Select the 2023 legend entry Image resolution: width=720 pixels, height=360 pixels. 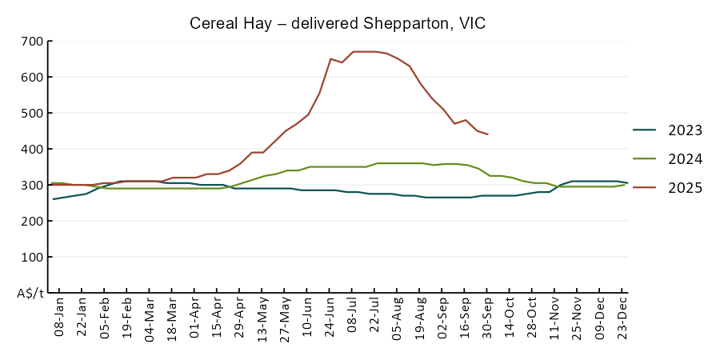(686, 130)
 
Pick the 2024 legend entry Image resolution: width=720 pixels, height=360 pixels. (686, 159)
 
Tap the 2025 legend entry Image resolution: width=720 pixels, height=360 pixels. (686, 188)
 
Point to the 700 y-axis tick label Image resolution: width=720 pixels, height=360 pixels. (32, 41)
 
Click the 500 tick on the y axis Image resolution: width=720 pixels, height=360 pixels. (32, 113)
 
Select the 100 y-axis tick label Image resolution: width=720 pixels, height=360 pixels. (32, 257)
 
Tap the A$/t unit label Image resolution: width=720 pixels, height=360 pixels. (30, 293)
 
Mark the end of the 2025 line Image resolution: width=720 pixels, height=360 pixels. (488, 134)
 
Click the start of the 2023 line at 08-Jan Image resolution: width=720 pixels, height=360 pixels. (54, 199)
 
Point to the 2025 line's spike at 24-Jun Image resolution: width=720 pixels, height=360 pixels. (330, 58)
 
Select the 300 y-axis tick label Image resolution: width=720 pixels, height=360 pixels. (32, 185)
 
